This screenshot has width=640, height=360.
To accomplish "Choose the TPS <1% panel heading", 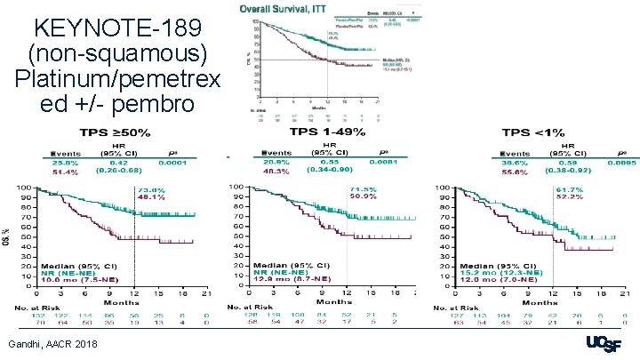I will pos(536,132).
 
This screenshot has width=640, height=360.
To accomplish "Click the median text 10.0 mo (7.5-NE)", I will pos(76,280).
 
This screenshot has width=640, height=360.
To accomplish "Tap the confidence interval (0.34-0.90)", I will pos(329,172).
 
